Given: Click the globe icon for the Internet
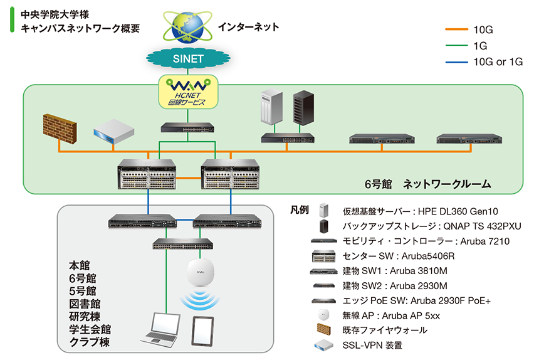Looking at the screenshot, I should (x=188, y=25).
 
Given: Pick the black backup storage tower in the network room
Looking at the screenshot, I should (x=302, y=109).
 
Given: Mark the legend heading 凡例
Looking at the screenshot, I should (x=300, y=209).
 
